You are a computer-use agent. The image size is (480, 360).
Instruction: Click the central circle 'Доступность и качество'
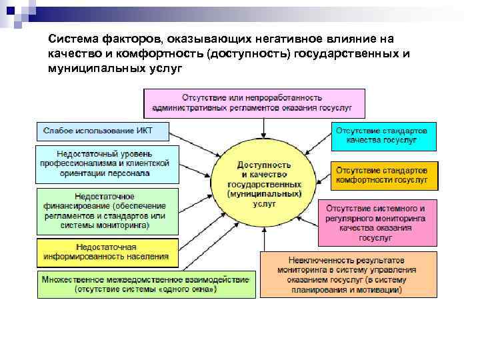click(264, 183)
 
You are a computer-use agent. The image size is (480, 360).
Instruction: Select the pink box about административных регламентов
click(255, 103)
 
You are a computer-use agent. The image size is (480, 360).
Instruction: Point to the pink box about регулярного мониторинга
click(377, 223)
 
